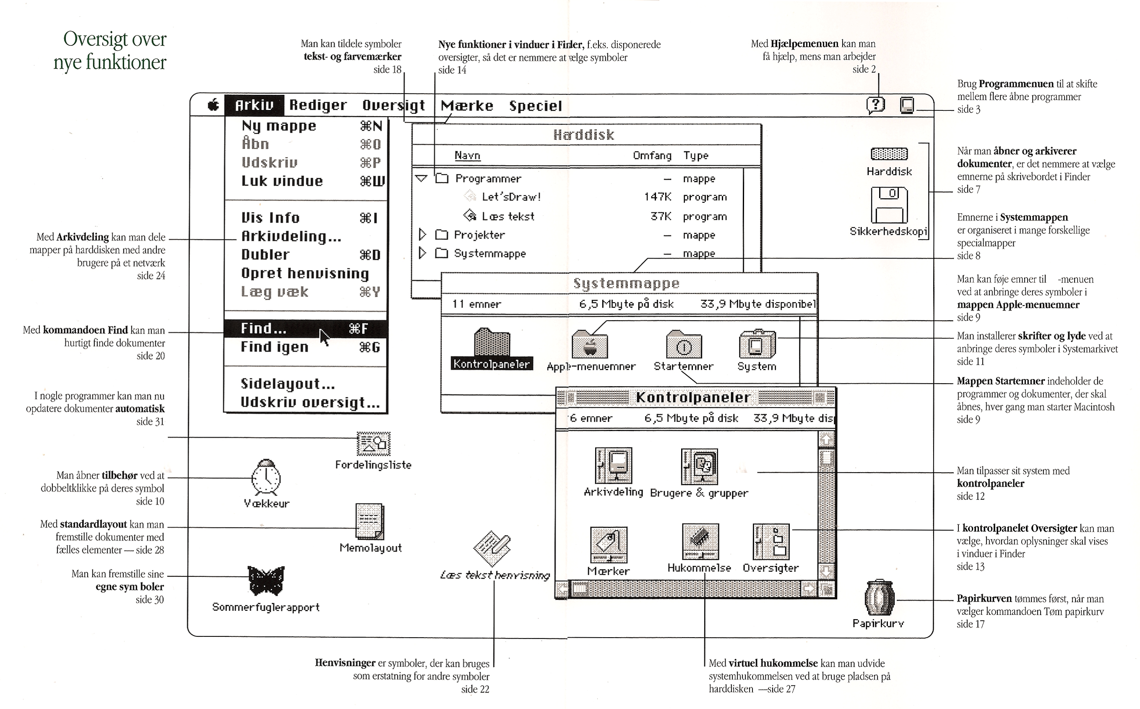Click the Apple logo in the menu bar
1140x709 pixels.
[213, 105]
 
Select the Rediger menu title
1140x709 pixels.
[318, 105]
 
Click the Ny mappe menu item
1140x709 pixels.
[279, 126]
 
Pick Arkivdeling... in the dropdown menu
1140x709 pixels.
[291, 236]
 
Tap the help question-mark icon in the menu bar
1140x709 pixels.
[875, 105]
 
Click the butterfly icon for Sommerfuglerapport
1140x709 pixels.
[265, 581]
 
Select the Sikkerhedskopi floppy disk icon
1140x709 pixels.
[889, 205]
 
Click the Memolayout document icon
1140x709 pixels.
[370, 521]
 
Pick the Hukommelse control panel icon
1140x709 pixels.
[700, 542]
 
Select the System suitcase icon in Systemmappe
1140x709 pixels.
[757, 345]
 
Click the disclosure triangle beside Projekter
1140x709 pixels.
[422, 235]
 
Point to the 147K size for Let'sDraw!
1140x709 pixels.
[657, 197]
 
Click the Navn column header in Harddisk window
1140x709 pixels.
[467, 156]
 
